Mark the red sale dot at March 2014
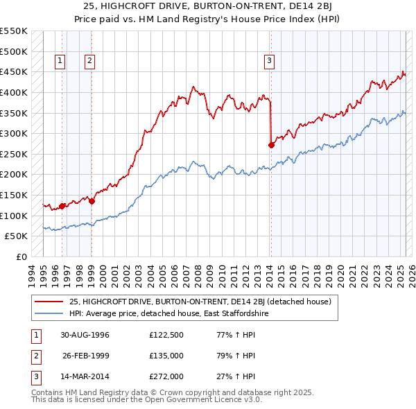[x=271, y=145]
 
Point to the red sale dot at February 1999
[x=92, y=201]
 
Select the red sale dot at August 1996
[x=62, y=206]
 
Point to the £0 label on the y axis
[x=21, y=256]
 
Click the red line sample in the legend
[x=49, y=302]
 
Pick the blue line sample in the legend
[x=49, y=313]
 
